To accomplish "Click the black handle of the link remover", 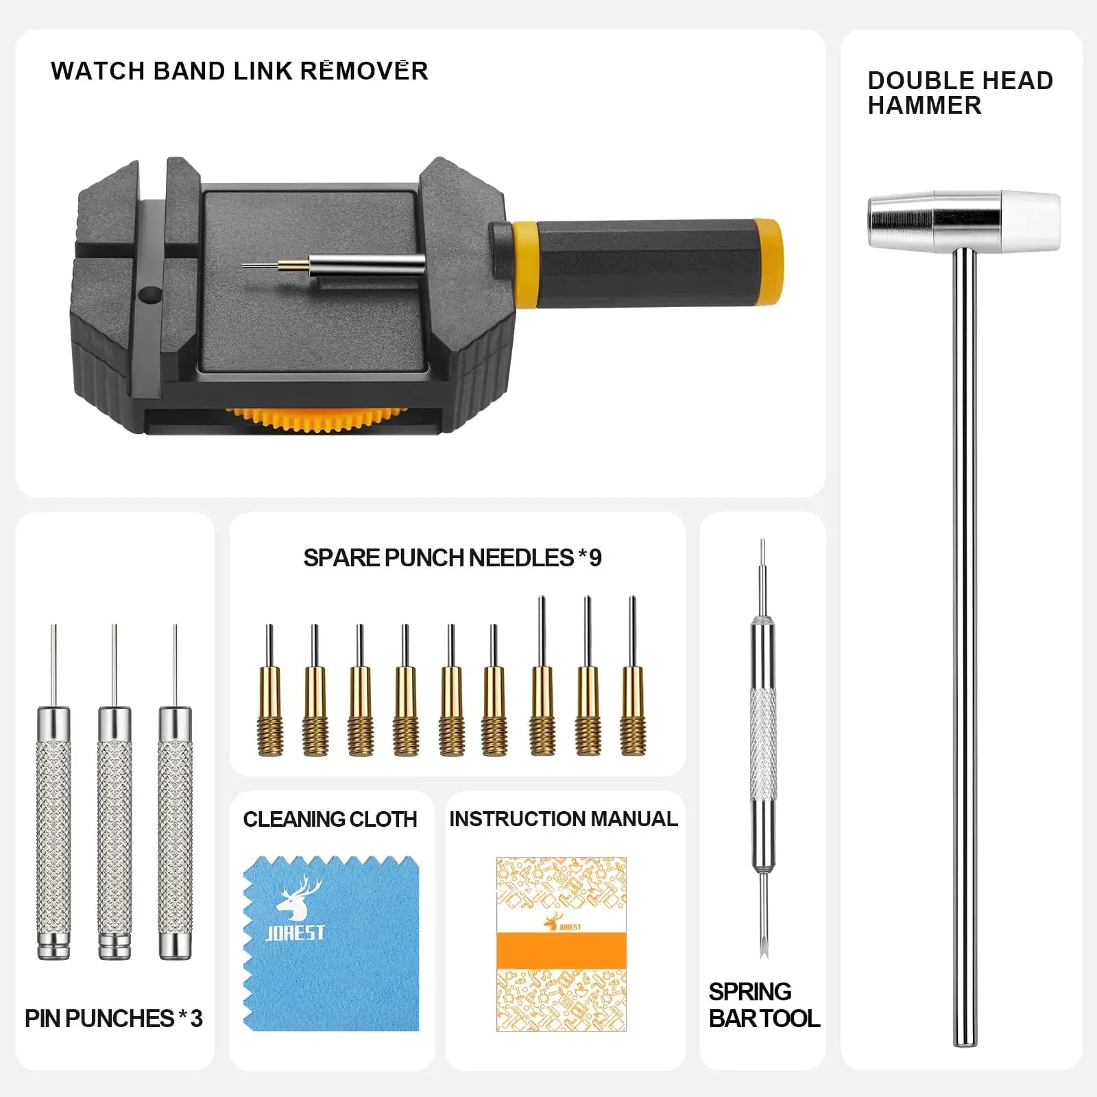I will pos(644,263).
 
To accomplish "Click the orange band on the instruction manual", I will pos(562,950).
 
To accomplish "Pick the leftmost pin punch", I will pos(53,823).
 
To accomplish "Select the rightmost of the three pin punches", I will pos(175,823).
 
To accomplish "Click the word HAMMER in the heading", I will pos(924,106).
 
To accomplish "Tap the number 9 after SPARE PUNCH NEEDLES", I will pos(596,558).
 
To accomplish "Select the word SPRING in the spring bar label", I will pos(750,992).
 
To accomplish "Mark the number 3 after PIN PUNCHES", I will pos(196,1019).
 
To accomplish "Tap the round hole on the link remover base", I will pos(149,295).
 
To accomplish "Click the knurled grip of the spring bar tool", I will pos(763,744).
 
